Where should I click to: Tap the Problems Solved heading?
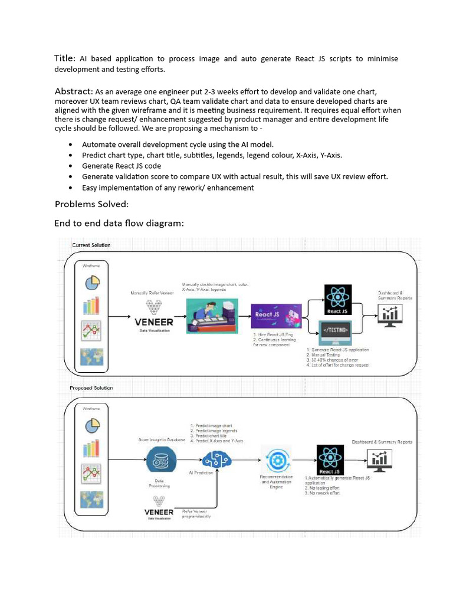[x=91, y=204]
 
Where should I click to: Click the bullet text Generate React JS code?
[x=121, y=166]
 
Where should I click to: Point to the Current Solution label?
[x=91, y=245]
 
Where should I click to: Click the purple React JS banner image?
[x=276, y=319]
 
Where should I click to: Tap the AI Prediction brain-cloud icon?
[x=215, y=459]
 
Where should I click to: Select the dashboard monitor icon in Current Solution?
[x=389, y=315]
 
